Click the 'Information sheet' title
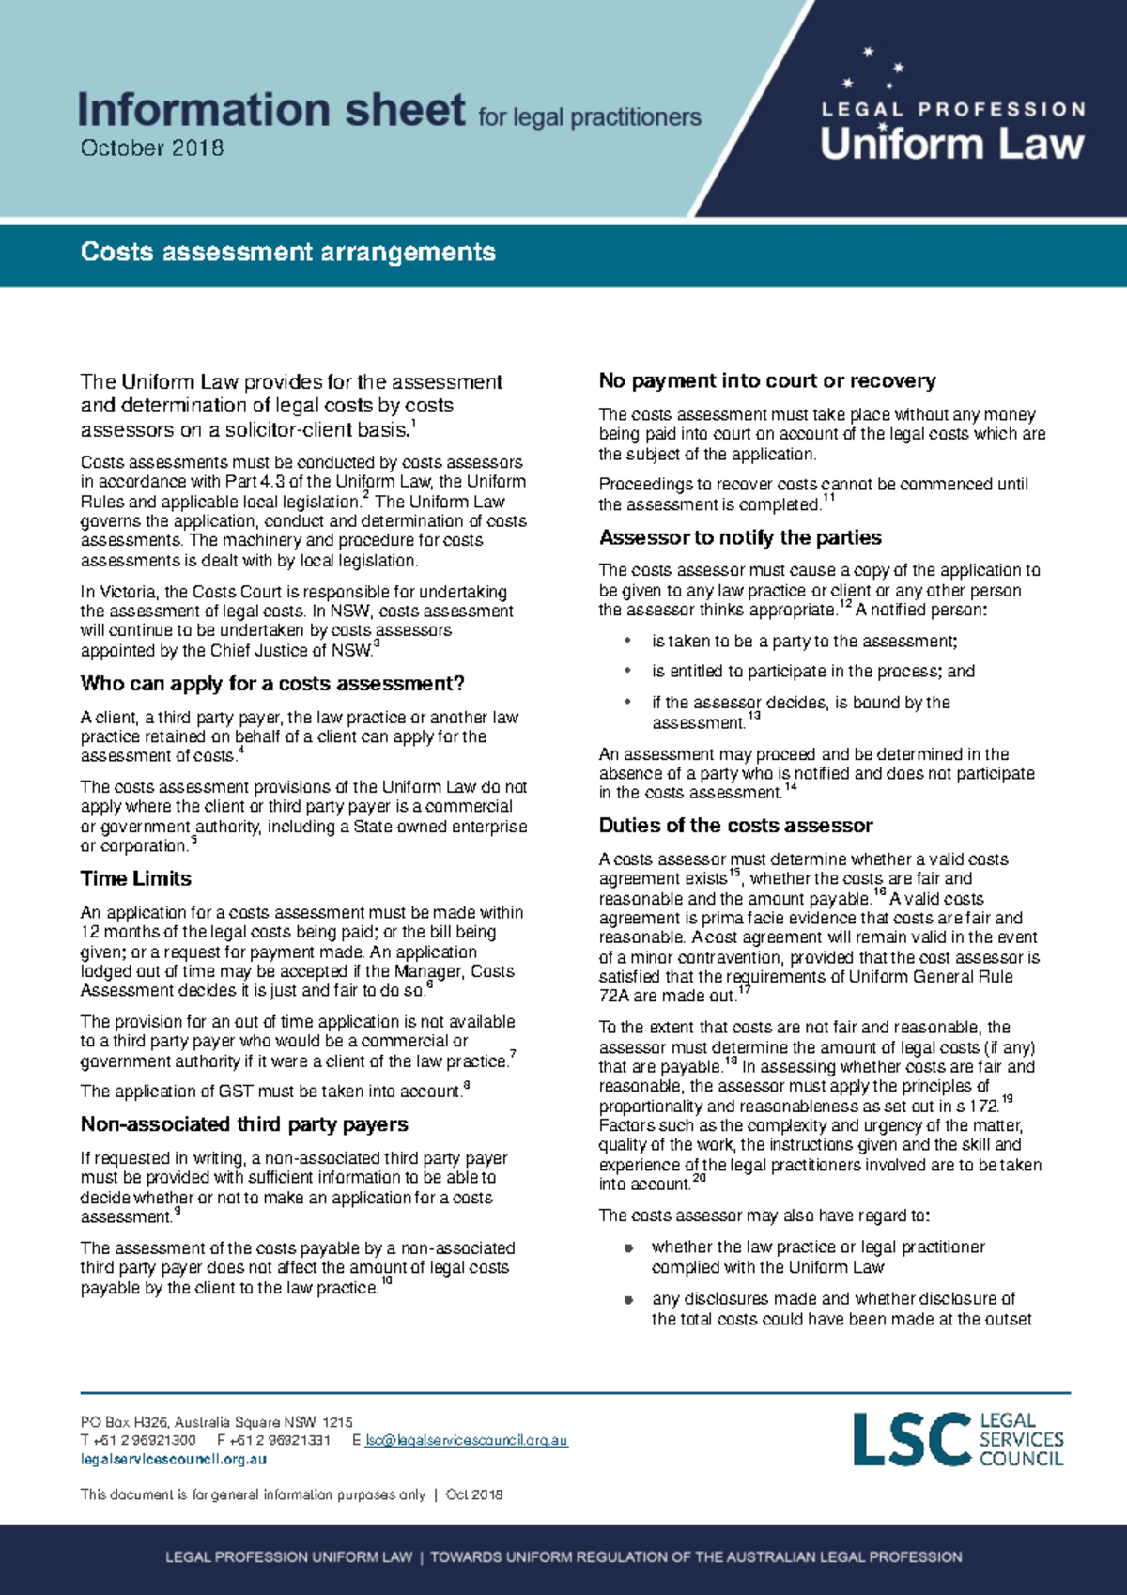(270, 110)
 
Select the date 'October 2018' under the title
(152, 147)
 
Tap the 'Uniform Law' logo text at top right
(951, 144)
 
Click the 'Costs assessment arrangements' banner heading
(288, 252)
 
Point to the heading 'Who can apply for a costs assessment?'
(272, 683)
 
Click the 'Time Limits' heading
(136, 878)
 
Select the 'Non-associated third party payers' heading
(244, 1124)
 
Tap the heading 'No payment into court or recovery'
(767, 380)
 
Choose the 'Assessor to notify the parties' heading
(740, 537)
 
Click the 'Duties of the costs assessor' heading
(735, 826)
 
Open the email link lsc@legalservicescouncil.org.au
(466, 1440)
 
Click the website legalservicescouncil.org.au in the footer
(174, 1460)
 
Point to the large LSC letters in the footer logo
(911, 1439)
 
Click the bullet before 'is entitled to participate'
(628, 671)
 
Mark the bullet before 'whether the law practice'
(628, 1247)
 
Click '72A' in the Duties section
(615, 996)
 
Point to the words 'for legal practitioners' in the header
(590, 117)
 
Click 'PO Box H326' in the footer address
(124, 1421)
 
